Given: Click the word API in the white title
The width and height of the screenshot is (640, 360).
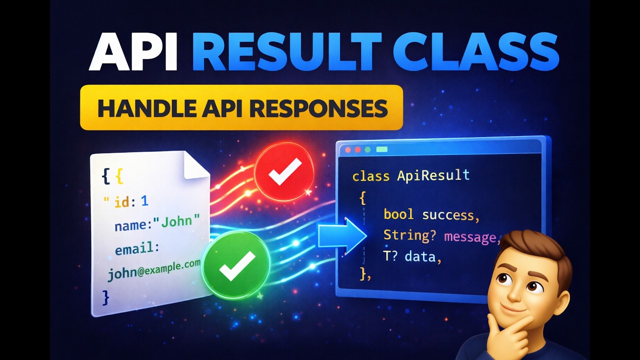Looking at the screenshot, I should point(133,52).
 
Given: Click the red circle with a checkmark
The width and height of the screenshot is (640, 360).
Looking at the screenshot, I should point(284,171).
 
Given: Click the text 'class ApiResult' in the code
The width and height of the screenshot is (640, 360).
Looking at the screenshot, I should point(410,175).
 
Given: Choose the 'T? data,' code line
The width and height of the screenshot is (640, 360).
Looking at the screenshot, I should point(412,257).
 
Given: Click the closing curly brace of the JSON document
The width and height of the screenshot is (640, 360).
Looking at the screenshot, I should point(105,297).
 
